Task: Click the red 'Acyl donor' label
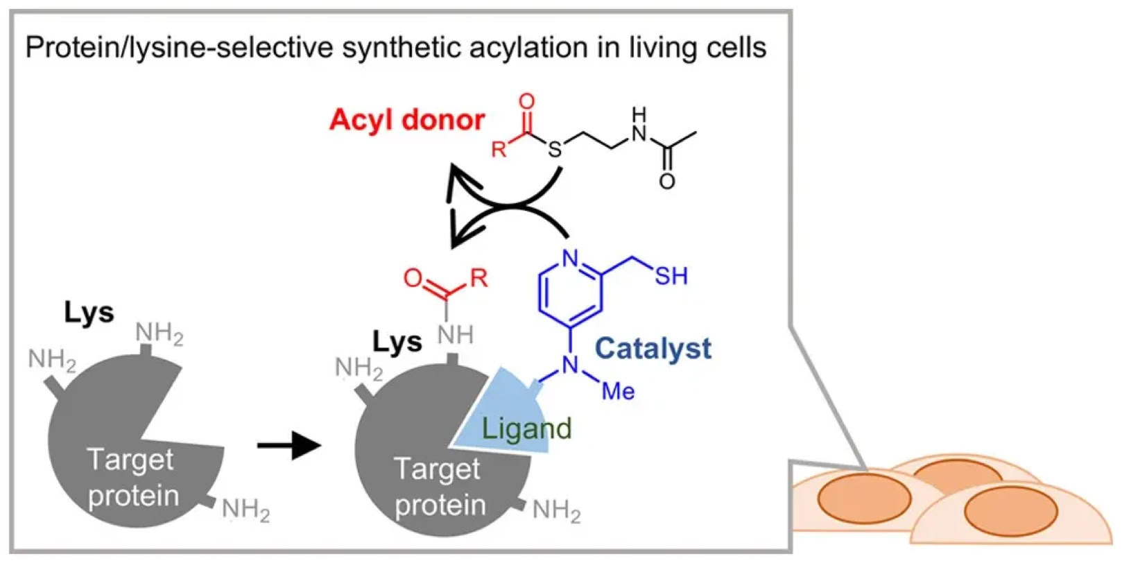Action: pos(406,120)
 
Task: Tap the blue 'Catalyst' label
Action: pos(653,347)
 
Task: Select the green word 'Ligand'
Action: pos(526,428)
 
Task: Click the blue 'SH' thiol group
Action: pos(671,276)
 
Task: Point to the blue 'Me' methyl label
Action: pos(618,391)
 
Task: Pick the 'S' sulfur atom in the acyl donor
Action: pos(555,148)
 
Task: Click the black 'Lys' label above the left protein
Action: pos(89,313)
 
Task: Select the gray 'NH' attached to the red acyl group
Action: pos(455,335)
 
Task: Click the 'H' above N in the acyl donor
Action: pos(639,113)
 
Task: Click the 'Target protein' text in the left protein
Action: pos(132,478)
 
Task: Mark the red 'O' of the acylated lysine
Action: pos(413,279)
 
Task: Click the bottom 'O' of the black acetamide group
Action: pos(667,182)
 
